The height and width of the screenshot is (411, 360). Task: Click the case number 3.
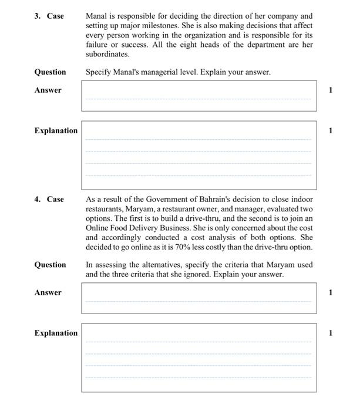pos(37,16)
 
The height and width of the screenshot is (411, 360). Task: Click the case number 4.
pos(37,200)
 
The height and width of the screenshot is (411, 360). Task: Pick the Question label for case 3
pos(50,72)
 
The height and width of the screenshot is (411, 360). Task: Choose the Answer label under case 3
pos(48,90)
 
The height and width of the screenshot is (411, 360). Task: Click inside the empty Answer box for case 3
pos(198,96)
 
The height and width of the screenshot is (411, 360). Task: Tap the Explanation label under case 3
pos(56,131)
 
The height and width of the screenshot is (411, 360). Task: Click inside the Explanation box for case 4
pos(198,358)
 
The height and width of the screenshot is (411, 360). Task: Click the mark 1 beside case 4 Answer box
pos(331,292)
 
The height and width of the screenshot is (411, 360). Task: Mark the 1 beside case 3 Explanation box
pos(331,131)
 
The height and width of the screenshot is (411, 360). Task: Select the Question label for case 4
pos(50,265)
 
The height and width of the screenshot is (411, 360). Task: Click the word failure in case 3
pos(97,45)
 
